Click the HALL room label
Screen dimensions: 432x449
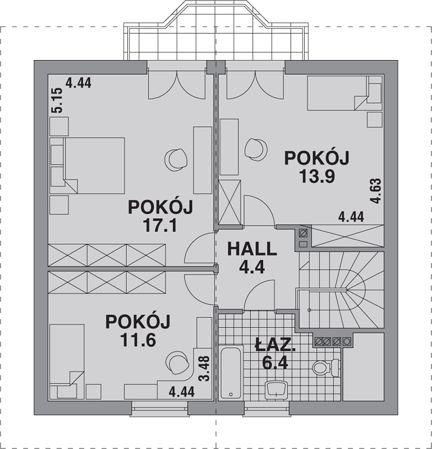click(252, 249)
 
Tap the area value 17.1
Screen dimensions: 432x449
click(160, 226)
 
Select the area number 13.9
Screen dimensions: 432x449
click(317, 176)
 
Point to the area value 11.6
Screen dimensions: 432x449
click(138, 340)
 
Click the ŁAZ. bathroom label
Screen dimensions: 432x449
click(275, 346)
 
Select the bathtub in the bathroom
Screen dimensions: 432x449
click(231, 373)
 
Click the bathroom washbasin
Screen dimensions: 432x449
click(276, 390)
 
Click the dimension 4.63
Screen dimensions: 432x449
click(375, 191)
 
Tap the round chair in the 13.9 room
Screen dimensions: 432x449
click(256, 148)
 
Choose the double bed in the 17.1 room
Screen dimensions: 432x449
click(87, 166)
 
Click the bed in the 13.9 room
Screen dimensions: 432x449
click(345, 93)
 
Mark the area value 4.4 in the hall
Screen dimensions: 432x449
click(252, 268)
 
